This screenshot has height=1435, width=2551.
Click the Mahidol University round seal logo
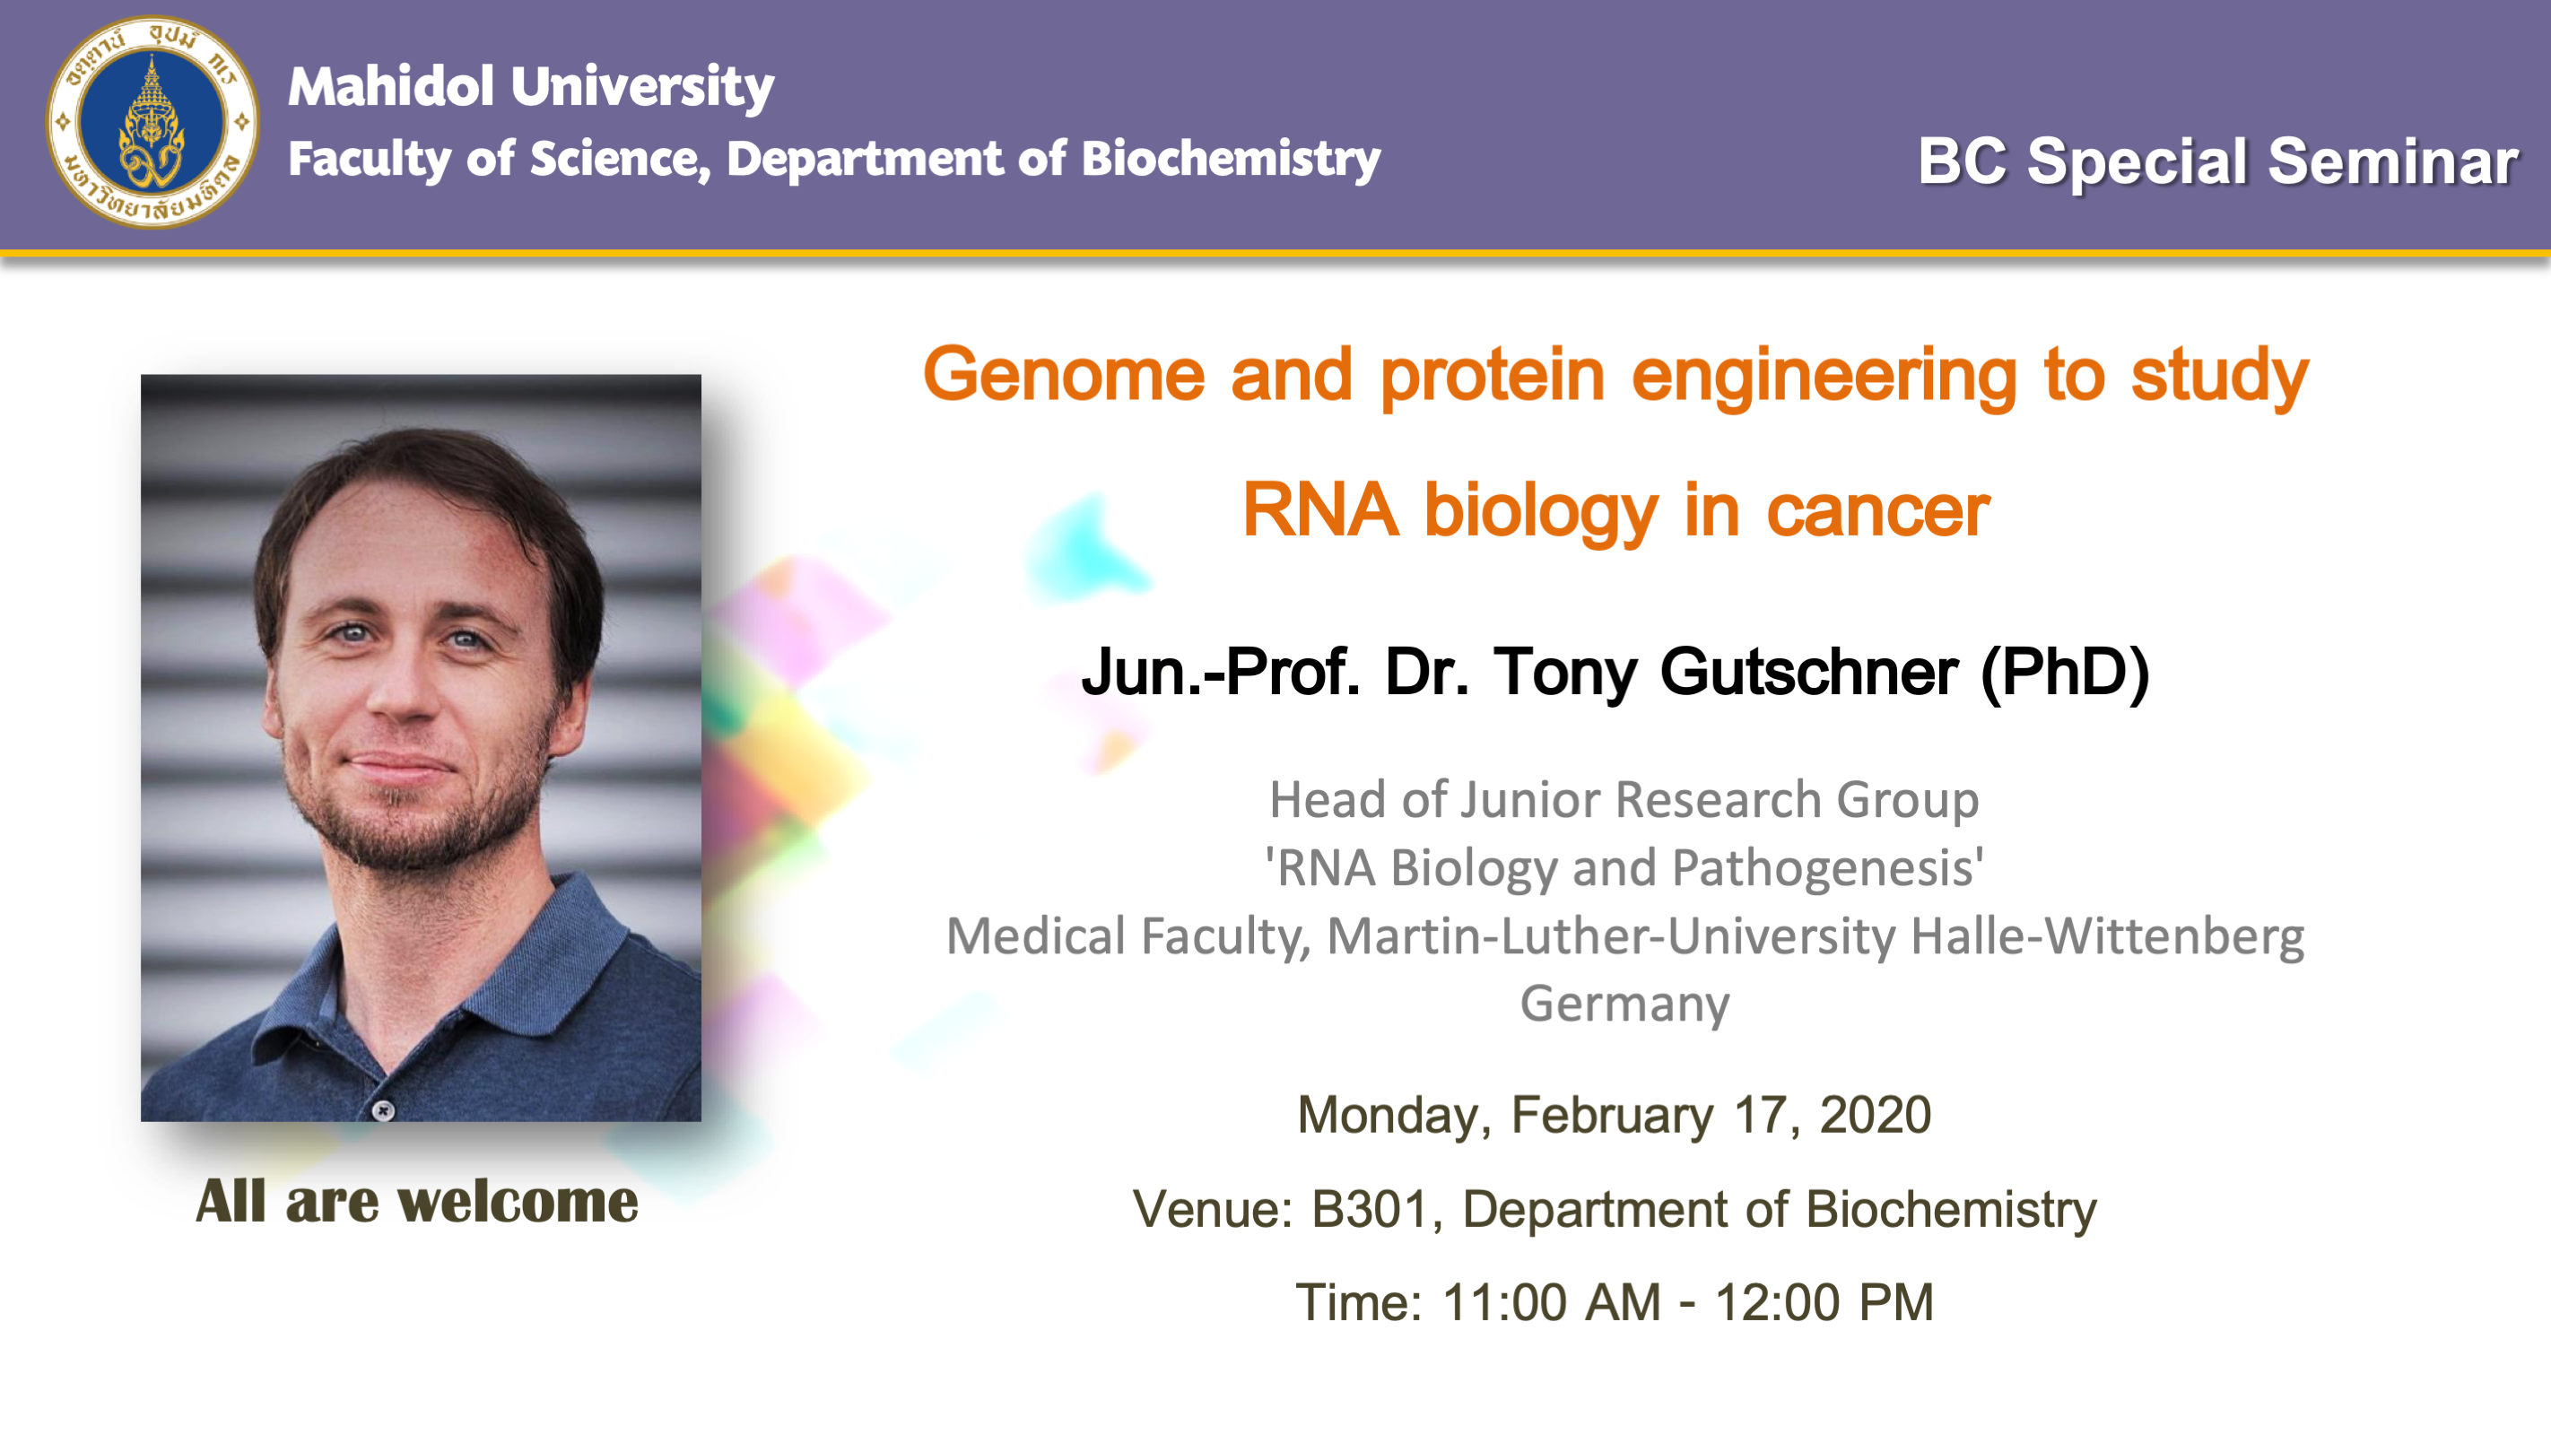[x=152, y=122]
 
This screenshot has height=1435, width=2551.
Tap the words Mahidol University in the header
[x=531, y=86]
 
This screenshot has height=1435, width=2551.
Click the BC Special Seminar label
[x=2217, y=161]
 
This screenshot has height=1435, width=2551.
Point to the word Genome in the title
[x=1064, y=374]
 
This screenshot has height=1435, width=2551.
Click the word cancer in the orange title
[x=1877, y=511]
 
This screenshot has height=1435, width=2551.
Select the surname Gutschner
[x=1808, y=673]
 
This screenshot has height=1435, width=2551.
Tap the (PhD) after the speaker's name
[x=2066, y=674]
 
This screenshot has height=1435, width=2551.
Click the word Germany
[x=1625, y=1005]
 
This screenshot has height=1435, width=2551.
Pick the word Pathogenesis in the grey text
[x=1827, y=867]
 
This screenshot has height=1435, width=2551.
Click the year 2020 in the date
[x=1876, y=1115]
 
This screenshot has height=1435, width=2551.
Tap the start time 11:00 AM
[x=1551, y=1302]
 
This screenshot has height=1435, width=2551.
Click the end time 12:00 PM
[x=1824, y=1302]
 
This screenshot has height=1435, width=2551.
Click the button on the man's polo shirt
[x=383, y=1110]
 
